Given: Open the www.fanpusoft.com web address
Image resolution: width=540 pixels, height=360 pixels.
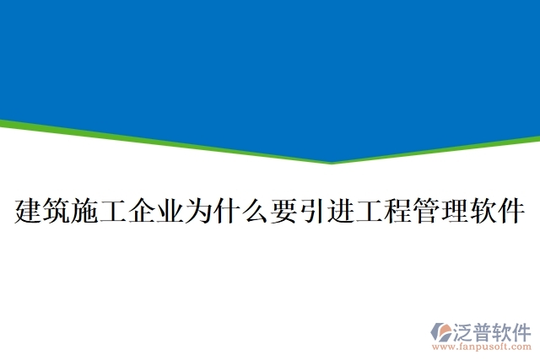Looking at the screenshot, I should point(482,346).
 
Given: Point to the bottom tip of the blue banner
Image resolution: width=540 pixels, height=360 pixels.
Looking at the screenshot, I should point(331,163).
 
